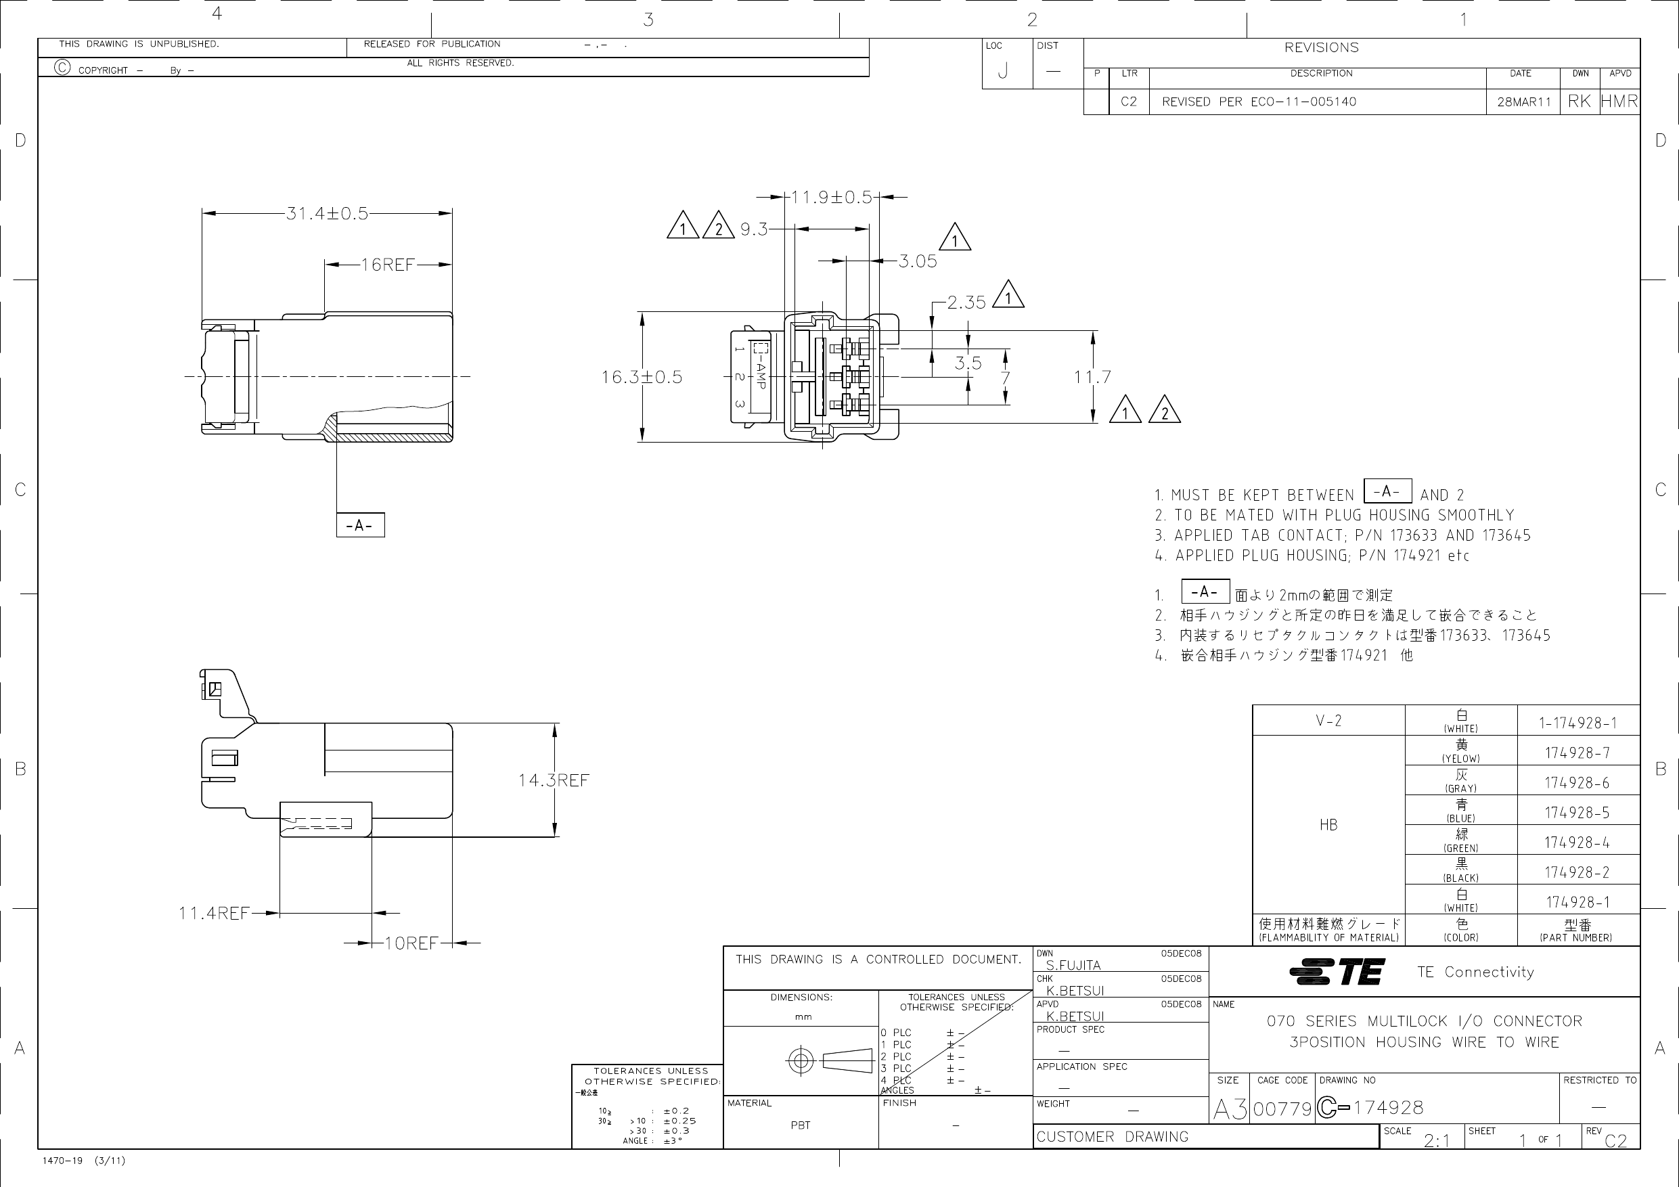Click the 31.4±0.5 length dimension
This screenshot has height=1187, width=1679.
click(327, 214)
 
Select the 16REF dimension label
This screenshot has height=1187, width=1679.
click(388, 265)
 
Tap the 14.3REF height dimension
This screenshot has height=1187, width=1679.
click(554, 780)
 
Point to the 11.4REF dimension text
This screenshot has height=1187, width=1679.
click(215, 914)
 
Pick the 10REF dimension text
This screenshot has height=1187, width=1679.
click(411, 943)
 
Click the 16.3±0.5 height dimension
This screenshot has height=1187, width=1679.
click(642, 378)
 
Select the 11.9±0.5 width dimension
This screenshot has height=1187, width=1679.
click(832, 198)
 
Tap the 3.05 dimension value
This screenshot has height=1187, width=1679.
click(918, 261)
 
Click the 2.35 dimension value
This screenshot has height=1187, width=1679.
click(967, 302)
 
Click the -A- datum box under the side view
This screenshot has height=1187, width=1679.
click(361, 525)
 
